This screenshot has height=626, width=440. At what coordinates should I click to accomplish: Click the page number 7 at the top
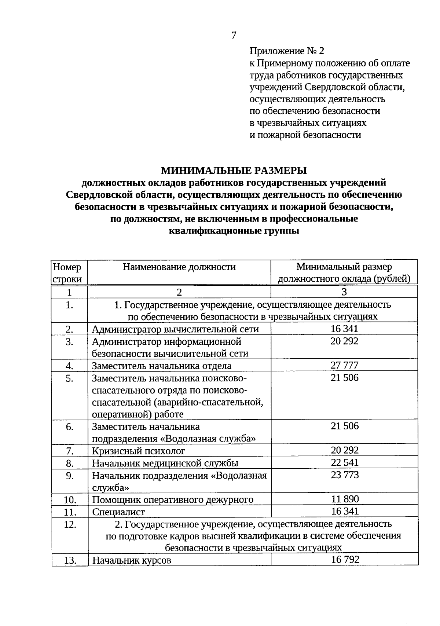point(234,35)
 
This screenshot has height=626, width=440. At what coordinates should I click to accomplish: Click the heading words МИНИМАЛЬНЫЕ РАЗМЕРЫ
point(234,171)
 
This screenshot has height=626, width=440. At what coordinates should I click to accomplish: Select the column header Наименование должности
point(179,267)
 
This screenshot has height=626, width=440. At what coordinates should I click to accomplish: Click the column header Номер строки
point(67,273)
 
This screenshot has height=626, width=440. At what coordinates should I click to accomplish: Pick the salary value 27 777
point(344,365)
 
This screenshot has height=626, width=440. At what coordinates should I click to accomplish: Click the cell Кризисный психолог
point(139,451)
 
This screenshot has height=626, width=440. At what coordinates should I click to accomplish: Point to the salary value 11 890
point(344,499)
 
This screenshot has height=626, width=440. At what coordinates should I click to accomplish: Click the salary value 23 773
point(344,475)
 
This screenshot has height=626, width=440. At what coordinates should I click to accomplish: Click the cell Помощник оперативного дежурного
point(173,499)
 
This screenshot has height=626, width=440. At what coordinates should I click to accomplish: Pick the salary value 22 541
point(344,462)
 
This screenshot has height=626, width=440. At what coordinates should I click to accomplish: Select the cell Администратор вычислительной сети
point(175,329)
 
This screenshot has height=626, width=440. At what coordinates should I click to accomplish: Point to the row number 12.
point(70,525)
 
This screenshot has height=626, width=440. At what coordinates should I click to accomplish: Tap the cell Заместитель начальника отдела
point(162,366)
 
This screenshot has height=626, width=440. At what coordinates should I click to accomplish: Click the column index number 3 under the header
point(344,292)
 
